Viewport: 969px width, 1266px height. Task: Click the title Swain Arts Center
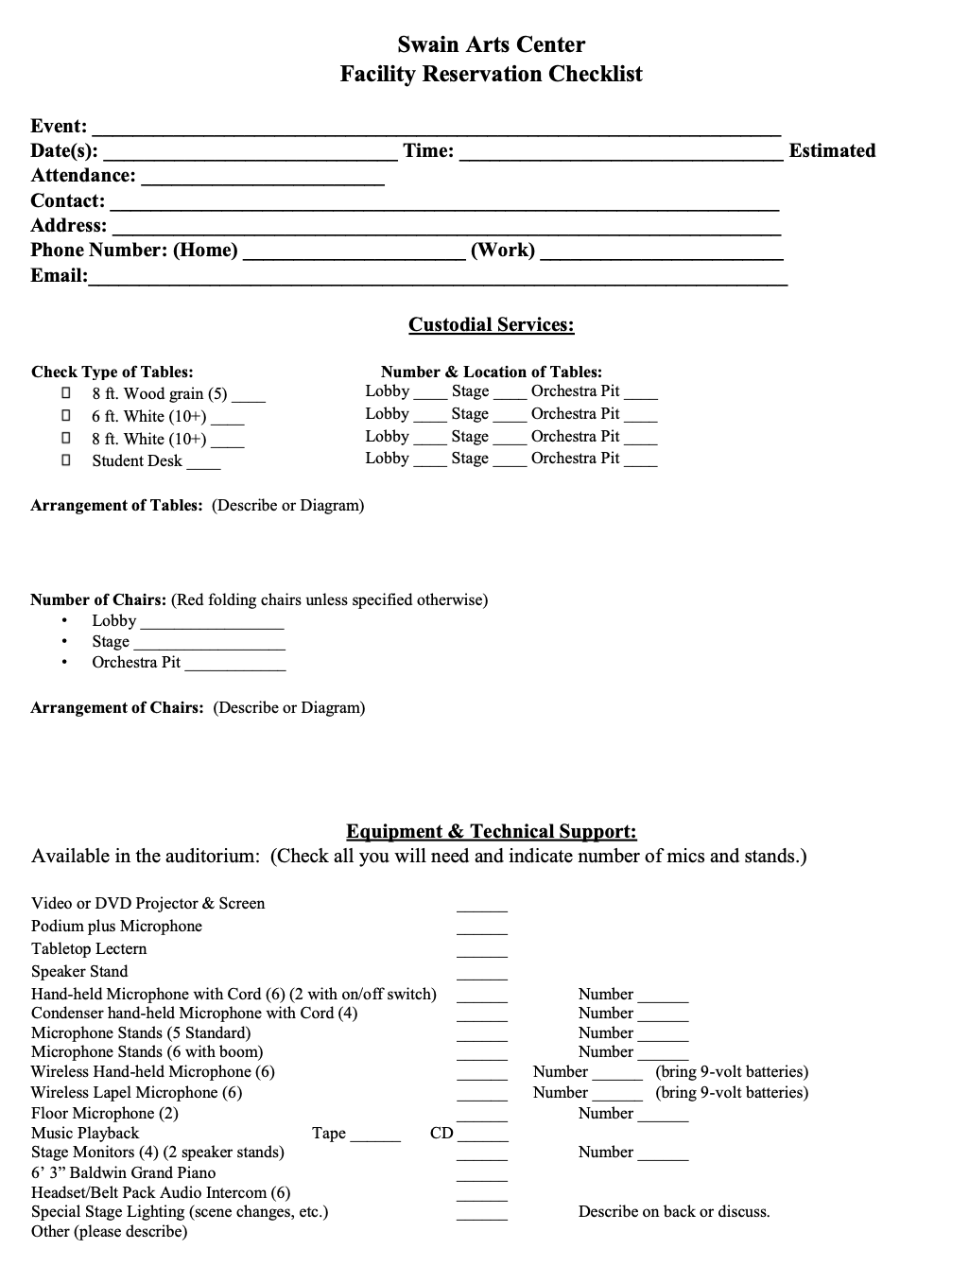click(x=491, y=44)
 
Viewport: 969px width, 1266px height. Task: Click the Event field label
click(x=59, y=127)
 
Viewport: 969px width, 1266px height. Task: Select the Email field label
click(x=59, y=276)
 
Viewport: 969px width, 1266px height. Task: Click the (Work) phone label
click(x=502, y=251)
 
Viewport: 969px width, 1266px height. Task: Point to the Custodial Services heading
click(x=491, y=325)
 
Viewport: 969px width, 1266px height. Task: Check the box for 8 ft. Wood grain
click(x=66, y=392)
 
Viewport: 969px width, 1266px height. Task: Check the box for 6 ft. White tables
click(x=66, y=415)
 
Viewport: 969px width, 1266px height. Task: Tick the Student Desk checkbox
click(x=66, y=460)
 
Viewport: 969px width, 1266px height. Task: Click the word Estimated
click(x=832, y=151)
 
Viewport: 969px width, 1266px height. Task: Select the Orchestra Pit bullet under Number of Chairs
click(x=64, y=663)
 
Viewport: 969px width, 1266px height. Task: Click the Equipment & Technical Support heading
click(x=491, y=832)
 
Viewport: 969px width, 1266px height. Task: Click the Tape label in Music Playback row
click(x=329, y=1134)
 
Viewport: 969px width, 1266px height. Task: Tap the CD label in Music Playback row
click(x=441, y=1134)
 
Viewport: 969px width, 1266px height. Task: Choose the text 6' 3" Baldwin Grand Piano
click(x=123, y=1173)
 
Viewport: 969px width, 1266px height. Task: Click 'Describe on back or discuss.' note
click(x=674, y=1212)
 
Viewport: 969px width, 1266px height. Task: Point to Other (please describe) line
click(x=109, y=1232)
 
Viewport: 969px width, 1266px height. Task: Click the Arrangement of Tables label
click(x=116, y=506)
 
